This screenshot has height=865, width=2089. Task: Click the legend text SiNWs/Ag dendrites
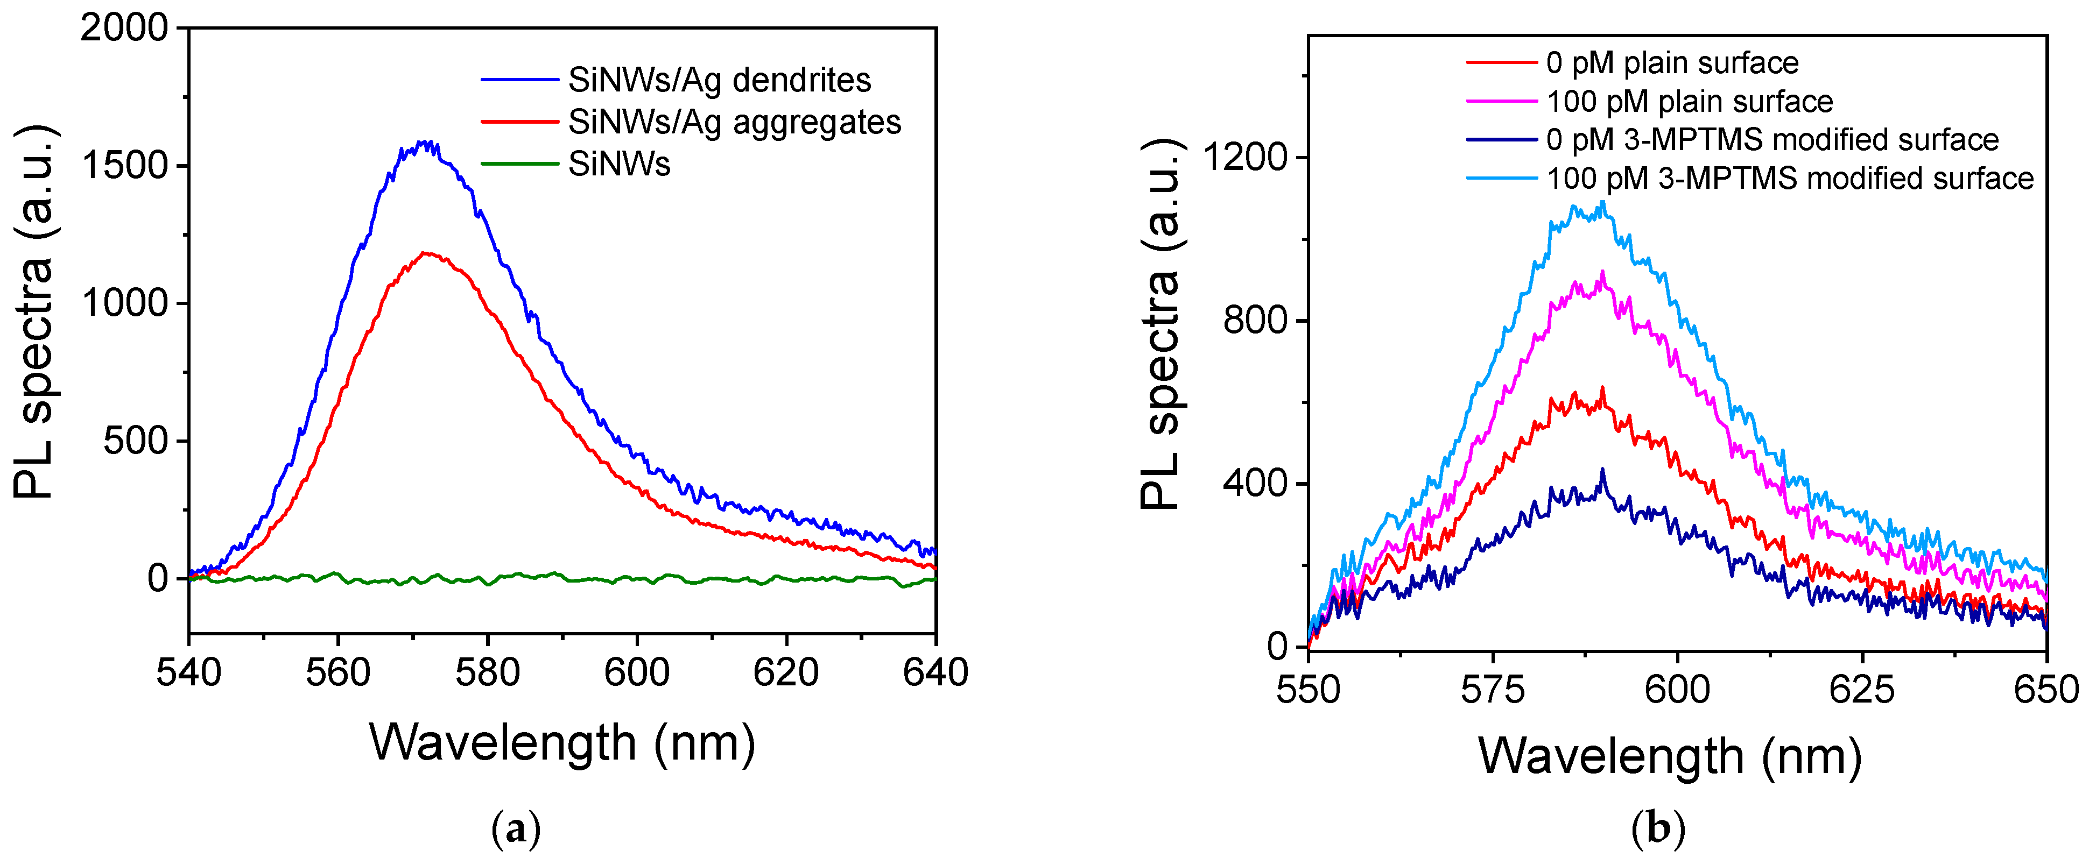click(719, 80)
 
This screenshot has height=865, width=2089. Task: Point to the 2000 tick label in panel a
click(123, 29)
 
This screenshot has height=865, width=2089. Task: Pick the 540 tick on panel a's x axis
click(188, 673)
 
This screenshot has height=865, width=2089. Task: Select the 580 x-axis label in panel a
click(487, 673)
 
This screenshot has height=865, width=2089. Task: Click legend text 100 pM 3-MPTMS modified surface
click(1790, 179)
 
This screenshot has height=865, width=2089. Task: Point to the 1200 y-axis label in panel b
click(1245, 157)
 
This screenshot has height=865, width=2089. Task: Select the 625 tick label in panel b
click(1861, 690)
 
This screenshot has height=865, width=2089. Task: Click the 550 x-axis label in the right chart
click(1308, 690)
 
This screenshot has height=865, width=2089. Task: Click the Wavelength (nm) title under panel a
click(562, 742)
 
